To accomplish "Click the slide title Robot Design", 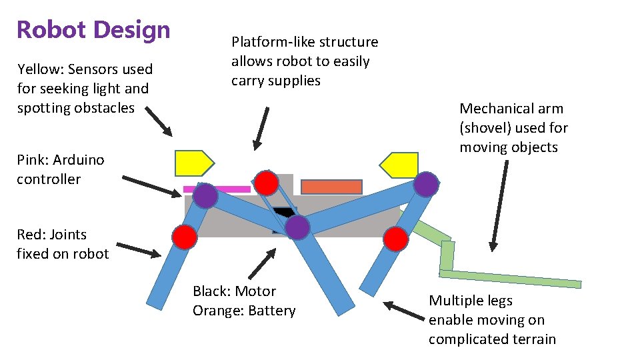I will [x=93, y=30].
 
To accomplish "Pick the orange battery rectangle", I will [x=331, y=187].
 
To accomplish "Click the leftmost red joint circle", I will [x=185, y=237].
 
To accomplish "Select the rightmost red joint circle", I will [x=396, y=238].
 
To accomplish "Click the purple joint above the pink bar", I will [x=205, y=196].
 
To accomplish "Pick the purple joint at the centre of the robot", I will [x=297, y=227].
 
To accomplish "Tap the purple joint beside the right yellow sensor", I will [x=425, y=184].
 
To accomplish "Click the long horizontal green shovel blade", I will [x=510, y=278].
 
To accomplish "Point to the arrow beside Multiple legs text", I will [x=404, y=309].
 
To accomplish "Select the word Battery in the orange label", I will [x=271, y=311].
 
